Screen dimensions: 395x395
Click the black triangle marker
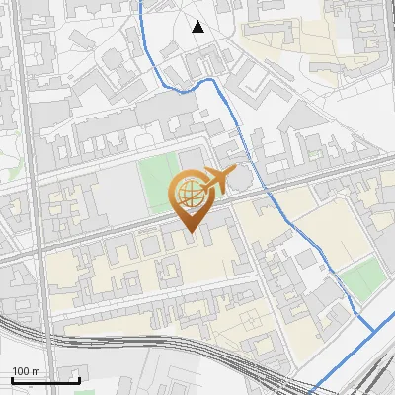pos(198,27)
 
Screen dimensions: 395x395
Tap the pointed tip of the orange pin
pos(191,233)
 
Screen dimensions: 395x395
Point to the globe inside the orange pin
pos(190,194)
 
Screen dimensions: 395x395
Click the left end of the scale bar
pos(12,380)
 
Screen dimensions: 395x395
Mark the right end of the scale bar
pos(79,380)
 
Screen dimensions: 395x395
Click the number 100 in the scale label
pos(21,371)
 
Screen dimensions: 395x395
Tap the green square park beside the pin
pos(154,184)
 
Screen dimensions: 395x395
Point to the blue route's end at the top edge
pos(140,2)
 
